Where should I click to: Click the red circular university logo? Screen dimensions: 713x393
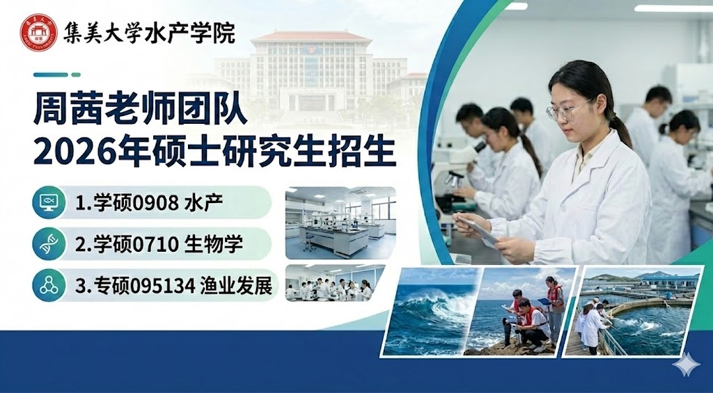click(39, 32)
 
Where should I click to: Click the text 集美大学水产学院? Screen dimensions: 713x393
click(149, 32)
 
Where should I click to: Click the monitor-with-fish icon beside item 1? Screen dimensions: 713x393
click(49, 202)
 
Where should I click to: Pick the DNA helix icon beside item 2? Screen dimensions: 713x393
click(49, 244)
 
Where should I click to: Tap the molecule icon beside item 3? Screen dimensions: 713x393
click(49, 285)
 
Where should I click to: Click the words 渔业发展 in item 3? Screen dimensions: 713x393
click(237, 287)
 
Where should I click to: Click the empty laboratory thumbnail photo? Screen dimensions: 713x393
click(340, 223)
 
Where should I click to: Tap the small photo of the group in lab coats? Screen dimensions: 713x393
click(335, 283)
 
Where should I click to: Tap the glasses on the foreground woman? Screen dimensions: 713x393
click(567, 110)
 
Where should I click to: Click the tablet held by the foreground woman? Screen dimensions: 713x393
click(478, 230)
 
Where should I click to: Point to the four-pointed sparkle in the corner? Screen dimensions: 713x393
click(687, 364)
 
